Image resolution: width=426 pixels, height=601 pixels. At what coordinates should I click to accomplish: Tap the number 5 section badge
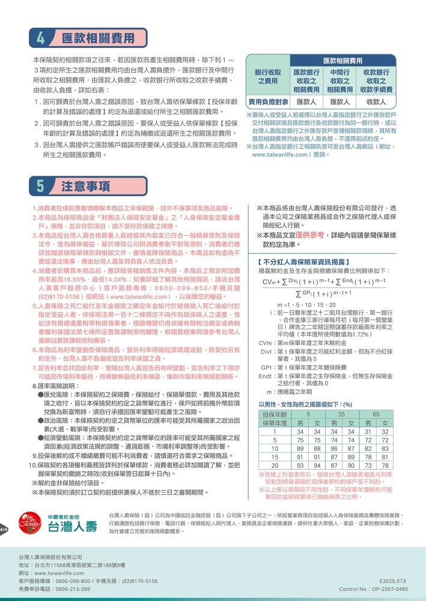click(40, 185)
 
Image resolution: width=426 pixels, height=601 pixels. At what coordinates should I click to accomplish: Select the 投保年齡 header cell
click(275, 414)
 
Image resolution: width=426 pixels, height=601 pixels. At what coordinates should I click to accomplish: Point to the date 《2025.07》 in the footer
click(394, 581)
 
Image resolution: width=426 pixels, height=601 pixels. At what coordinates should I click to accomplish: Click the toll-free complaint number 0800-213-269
click(72, 589)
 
